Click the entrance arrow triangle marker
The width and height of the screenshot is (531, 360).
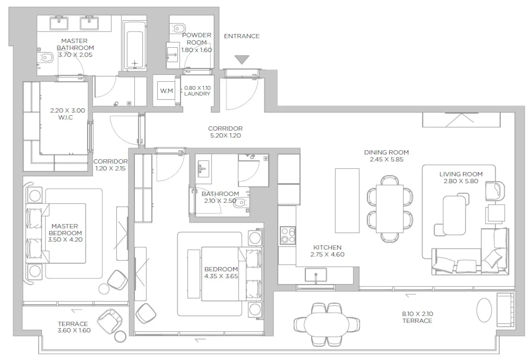[242, 60]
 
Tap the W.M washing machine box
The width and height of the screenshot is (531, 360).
[166, 91]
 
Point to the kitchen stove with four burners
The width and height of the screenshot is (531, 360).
[288, 236]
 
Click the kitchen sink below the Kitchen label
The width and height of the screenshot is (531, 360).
[316, 275]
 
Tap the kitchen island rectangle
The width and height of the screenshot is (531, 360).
[347, 200]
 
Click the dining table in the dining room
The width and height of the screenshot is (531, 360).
[390, 208]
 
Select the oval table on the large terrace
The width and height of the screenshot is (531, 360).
[326, 324]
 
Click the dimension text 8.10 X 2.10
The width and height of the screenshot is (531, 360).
[417, 314]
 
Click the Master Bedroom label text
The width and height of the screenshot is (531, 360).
[65, 229]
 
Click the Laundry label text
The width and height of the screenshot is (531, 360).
[197, 94]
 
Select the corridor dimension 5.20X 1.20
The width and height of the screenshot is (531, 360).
[225, 135]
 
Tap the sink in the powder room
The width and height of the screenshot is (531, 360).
[172, 55]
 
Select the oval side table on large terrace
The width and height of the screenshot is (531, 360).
[484, 310]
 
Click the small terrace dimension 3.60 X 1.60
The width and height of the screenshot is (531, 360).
[74, 330]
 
